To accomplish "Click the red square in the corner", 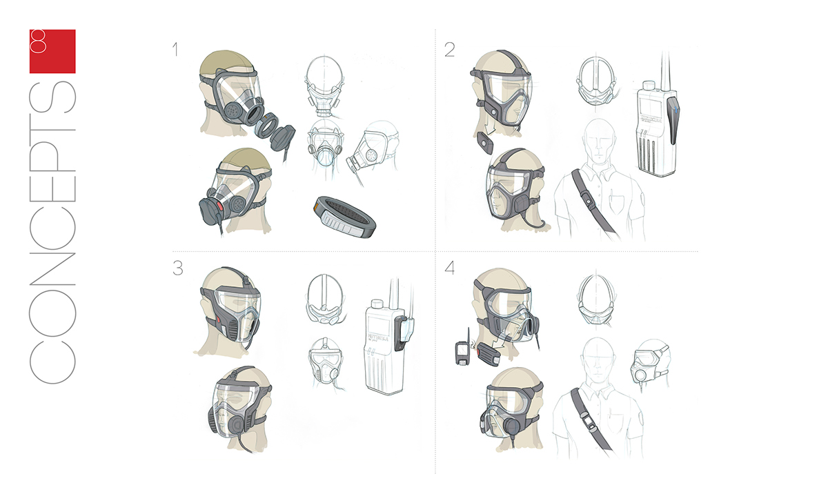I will coord(52,51).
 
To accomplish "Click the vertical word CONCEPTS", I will coord(52,228).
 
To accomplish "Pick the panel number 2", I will coord(449,50).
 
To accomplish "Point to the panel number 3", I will coord(177,268).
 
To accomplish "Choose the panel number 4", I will coord(450,268).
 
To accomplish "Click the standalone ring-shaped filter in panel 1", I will coord(343,216).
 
